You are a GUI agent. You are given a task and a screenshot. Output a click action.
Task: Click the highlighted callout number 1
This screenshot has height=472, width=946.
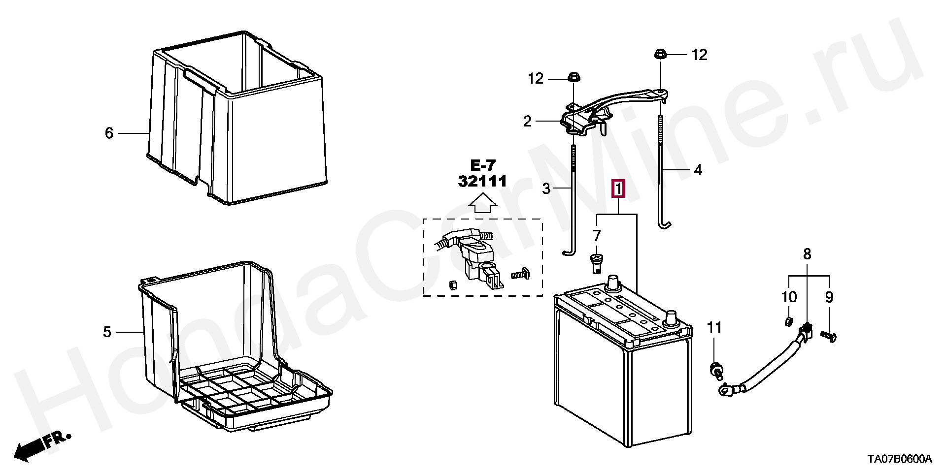[x=618, y=189]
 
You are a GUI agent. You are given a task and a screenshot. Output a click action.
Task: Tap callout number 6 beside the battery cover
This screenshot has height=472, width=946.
[x=109, y=133]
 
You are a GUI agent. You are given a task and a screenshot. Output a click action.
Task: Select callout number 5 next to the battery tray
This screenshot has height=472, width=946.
[x=107, y=332]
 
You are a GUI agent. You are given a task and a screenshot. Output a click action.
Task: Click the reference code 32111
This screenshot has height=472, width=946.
[x=482, y=182]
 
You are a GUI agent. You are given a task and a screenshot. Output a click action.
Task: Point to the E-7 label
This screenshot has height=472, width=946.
[x=482, y=164]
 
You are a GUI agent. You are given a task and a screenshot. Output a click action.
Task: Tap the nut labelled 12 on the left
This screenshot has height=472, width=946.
[x=574, y=77]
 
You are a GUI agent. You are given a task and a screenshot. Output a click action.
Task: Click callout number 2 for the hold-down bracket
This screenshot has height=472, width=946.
[x=528, y=121]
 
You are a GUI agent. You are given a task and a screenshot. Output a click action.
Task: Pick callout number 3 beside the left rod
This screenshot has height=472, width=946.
[x=546, y=188]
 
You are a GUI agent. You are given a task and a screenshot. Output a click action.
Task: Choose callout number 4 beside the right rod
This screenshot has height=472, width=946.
[x=698, y=170]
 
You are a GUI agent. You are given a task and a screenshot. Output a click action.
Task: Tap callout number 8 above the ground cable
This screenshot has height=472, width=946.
[x=807, y=254]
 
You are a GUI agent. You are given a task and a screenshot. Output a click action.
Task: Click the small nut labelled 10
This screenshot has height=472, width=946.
[x=787, y=322]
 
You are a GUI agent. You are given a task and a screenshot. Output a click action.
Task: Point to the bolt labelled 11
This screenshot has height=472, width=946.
[x=715, y=369]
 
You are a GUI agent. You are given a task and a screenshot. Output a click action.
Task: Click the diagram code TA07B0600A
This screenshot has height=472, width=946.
[x=900, y=460]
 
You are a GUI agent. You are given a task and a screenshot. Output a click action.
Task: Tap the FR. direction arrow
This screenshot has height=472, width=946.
[x=42, y=443]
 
